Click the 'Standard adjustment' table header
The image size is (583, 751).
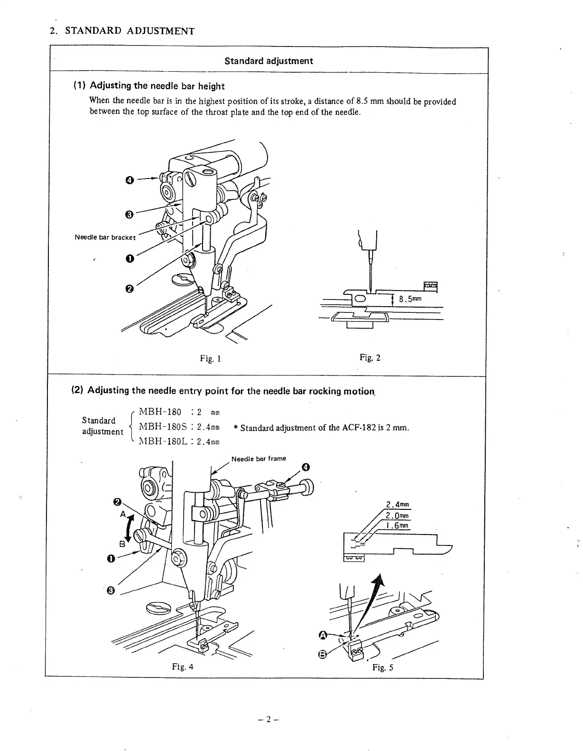click(268, 61)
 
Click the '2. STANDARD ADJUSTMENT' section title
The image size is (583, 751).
click(122, 31)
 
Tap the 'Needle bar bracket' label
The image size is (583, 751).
click(105, 237)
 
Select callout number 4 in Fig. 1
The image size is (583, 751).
click(129, 180)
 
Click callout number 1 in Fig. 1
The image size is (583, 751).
click(129, 258)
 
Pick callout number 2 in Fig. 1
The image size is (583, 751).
click(129, 289)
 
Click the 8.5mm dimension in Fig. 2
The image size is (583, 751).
click(410, 299)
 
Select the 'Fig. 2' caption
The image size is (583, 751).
click(370, 357)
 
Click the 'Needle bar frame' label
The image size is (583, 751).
click(259, 459)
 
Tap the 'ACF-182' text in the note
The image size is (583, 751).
click(359, 428)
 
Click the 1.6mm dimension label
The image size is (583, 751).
click(397, 526)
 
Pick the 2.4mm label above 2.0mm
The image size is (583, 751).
click(398, 505)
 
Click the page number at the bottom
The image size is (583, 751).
click(268, 719)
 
